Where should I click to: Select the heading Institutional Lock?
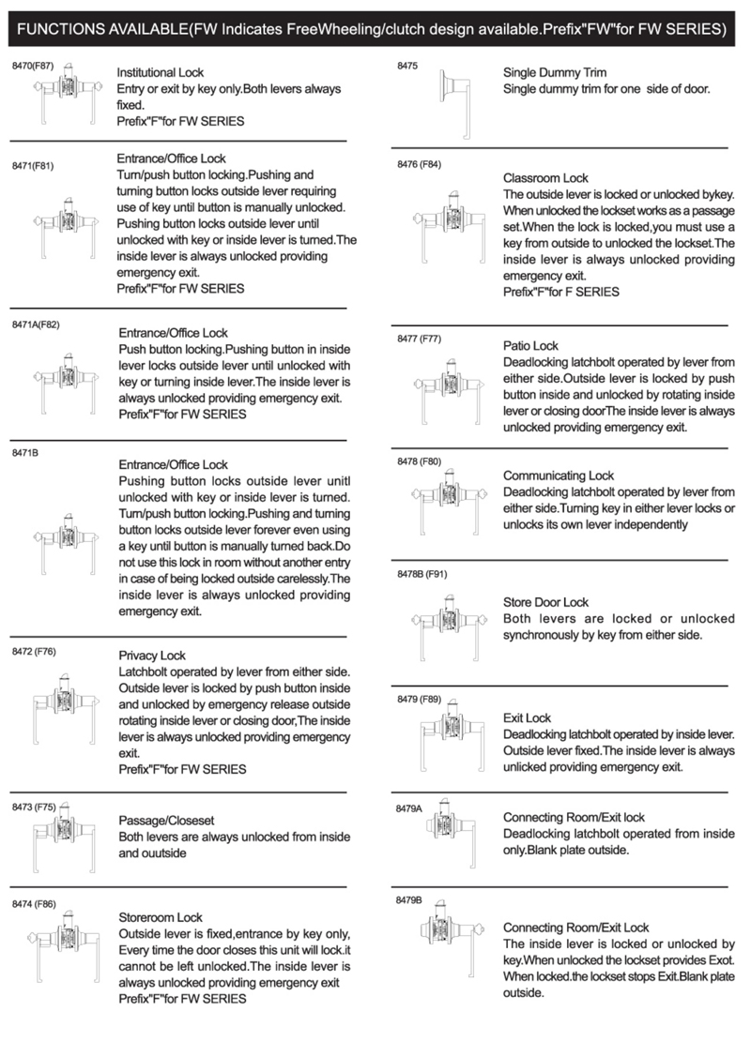(x=160, y=72)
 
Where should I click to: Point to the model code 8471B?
(x=25, y=453)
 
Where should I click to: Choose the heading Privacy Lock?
(x=152, y=656)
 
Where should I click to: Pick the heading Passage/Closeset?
(x=164, y=819)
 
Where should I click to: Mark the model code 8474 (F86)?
(x=34, y=905)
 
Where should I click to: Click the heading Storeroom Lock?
(x=161, y=917)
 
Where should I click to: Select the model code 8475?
(x=409, y=67)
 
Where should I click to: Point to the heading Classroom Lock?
(x=545, y=177)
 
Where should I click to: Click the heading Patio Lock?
(x=530, y=346)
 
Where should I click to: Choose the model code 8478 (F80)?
(x=419, y=461)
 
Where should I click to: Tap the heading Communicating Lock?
(x=558, y=475)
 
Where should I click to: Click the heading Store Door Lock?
(x=546, y=602)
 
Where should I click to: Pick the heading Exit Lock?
(x=527, y=718)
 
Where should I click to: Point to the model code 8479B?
(x=409, y=899)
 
